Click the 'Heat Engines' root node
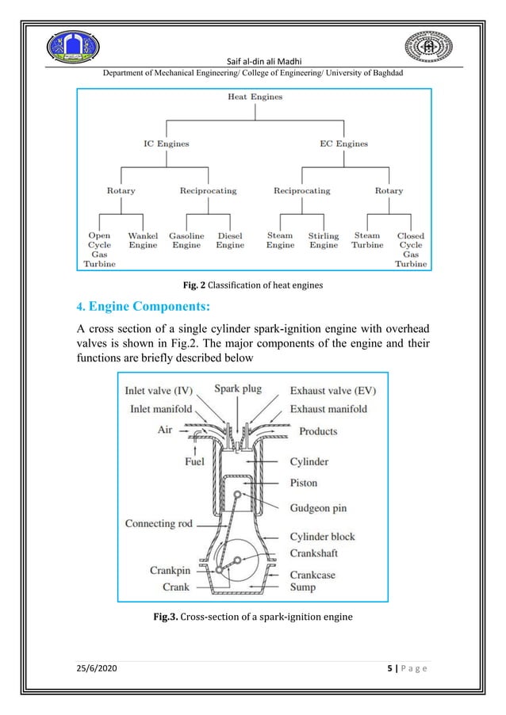point(255,97)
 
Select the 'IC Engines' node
point(165,144)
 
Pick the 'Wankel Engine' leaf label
point(143,240)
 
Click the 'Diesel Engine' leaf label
point(230,240)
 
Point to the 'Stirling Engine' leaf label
point(324,240)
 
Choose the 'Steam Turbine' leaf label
point(367,240)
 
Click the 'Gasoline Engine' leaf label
point(186,240)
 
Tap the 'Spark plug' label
point(239,389)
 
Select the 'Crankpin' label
point(170,570)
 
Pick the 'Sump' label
point(302,587)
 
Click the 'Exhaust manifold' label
point(328,409)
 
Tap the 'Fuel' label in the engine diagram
point(194,461)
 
